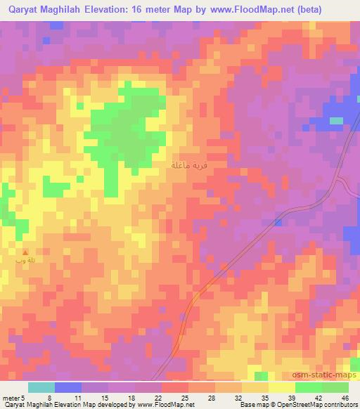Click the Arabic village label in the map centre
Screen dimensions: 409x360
click(x=189, y=165)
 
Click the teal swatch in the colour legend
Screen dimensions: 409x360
click(x=41, y=387)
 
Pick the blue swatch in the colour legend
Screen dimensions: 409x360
click(x=68, y=387)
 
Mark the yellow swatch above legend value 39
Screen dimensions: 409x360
click(x=281, y=387)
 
